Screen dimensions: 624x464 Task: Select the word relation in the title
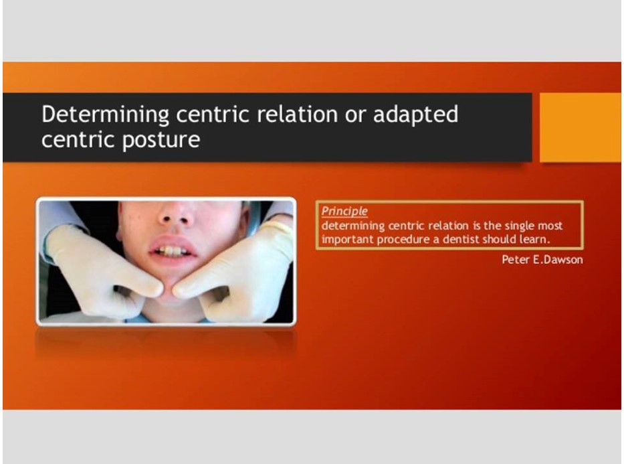[x=298, y=114]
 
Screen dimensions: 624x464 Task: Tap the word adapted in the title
[x=415, y=115]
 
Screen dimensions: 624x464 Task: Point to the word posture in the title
[x=161, y=140]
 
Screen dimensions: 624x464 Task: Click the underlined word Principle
[x=344, y=211]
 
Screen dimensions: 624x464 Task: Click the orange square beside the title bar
[x=581, y=127]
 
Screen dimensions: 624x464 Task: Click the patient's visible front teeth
[x=171, y=251]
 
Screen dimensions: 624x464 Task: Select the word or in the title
[x=355, y=114]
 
